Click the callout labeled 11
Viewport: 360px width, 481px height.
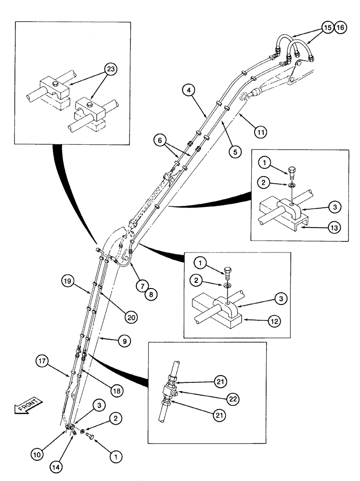point(260,130)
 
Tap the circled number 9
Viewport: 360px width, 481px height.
point(124,341)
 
